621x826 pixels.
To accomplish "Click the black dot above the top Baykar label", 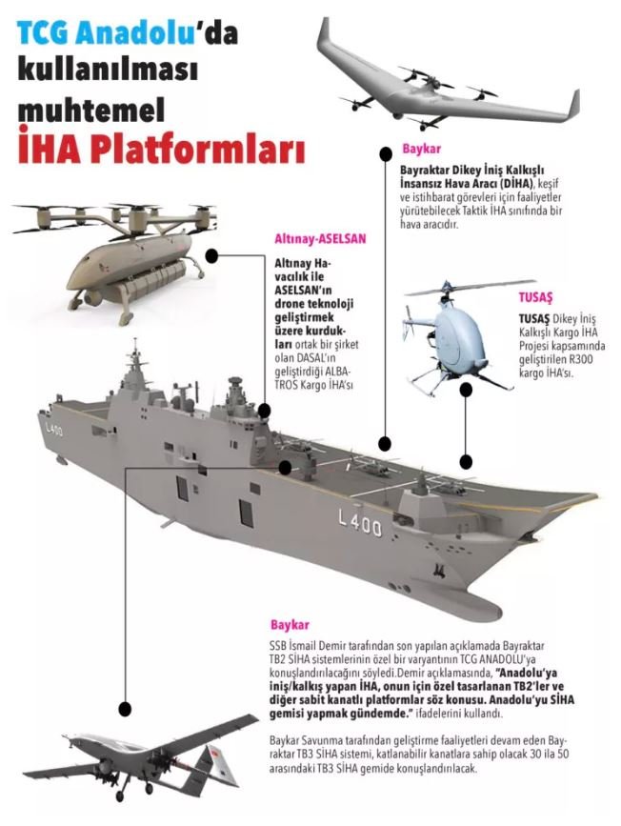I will point(385,153).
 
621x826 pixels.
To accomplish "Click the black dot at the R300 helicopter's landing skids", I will point(466,389).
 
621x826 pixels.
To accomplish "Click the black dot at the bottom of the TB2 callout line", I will point(126,703).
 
